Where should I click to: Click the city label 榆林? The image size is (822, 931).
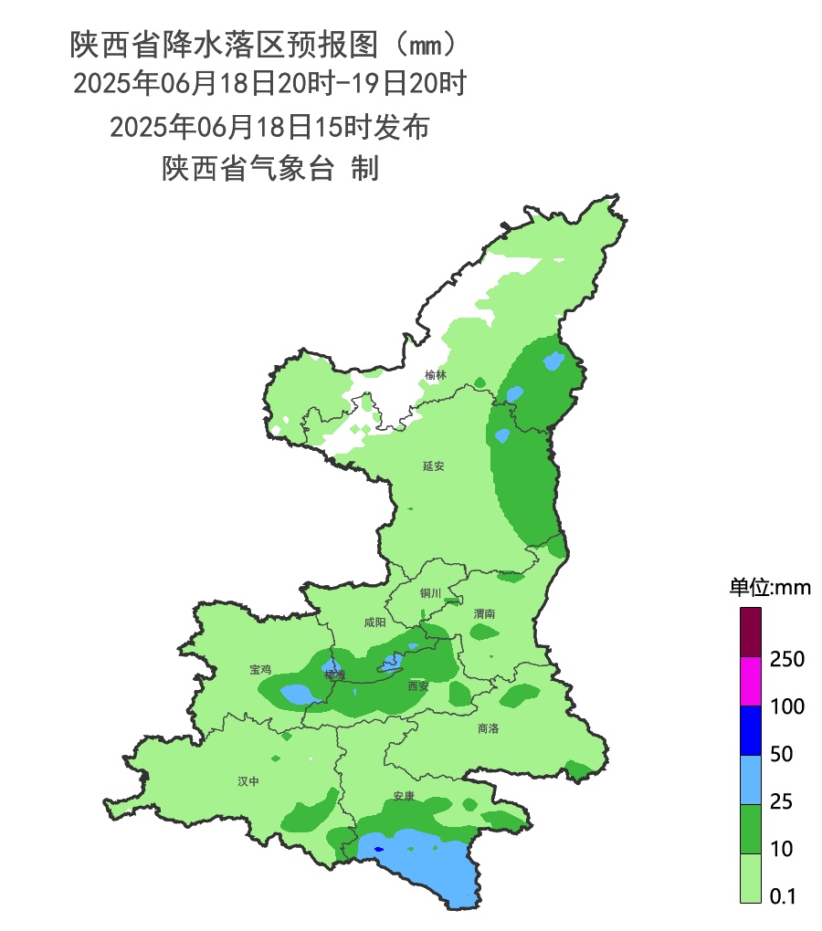[436, 375]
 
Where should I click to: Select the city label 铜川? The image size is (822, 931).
[430, 593]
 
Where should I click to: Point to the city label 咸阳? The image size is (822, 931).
[374, 622]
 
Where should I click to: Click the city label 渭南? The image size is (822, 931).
[484, 614]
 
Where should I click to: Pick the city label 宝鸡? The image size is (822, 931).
[260, 669]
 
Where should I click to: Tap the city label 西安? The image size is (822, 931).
[418, 686]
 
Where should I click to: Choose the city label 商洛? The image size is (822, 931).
[489, 728]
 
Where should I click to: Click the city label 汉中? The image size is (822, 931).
[248, 781]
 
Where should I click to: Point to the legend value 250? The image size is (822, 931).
[787, 659]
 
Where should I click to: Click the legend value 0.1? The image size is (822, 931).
[783, 897]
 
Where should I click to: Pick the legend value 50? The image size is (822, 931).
[782, 755]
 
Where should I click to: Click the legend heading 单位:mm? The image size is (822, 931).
[770, 587]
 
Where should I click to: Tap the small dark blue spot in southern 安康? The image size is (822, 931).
[378, 850]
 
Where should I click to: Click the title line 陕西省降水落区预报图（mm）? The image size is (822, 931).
[263, 43]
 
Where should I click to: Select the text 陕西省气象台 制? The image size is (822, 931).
[270, 169]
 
